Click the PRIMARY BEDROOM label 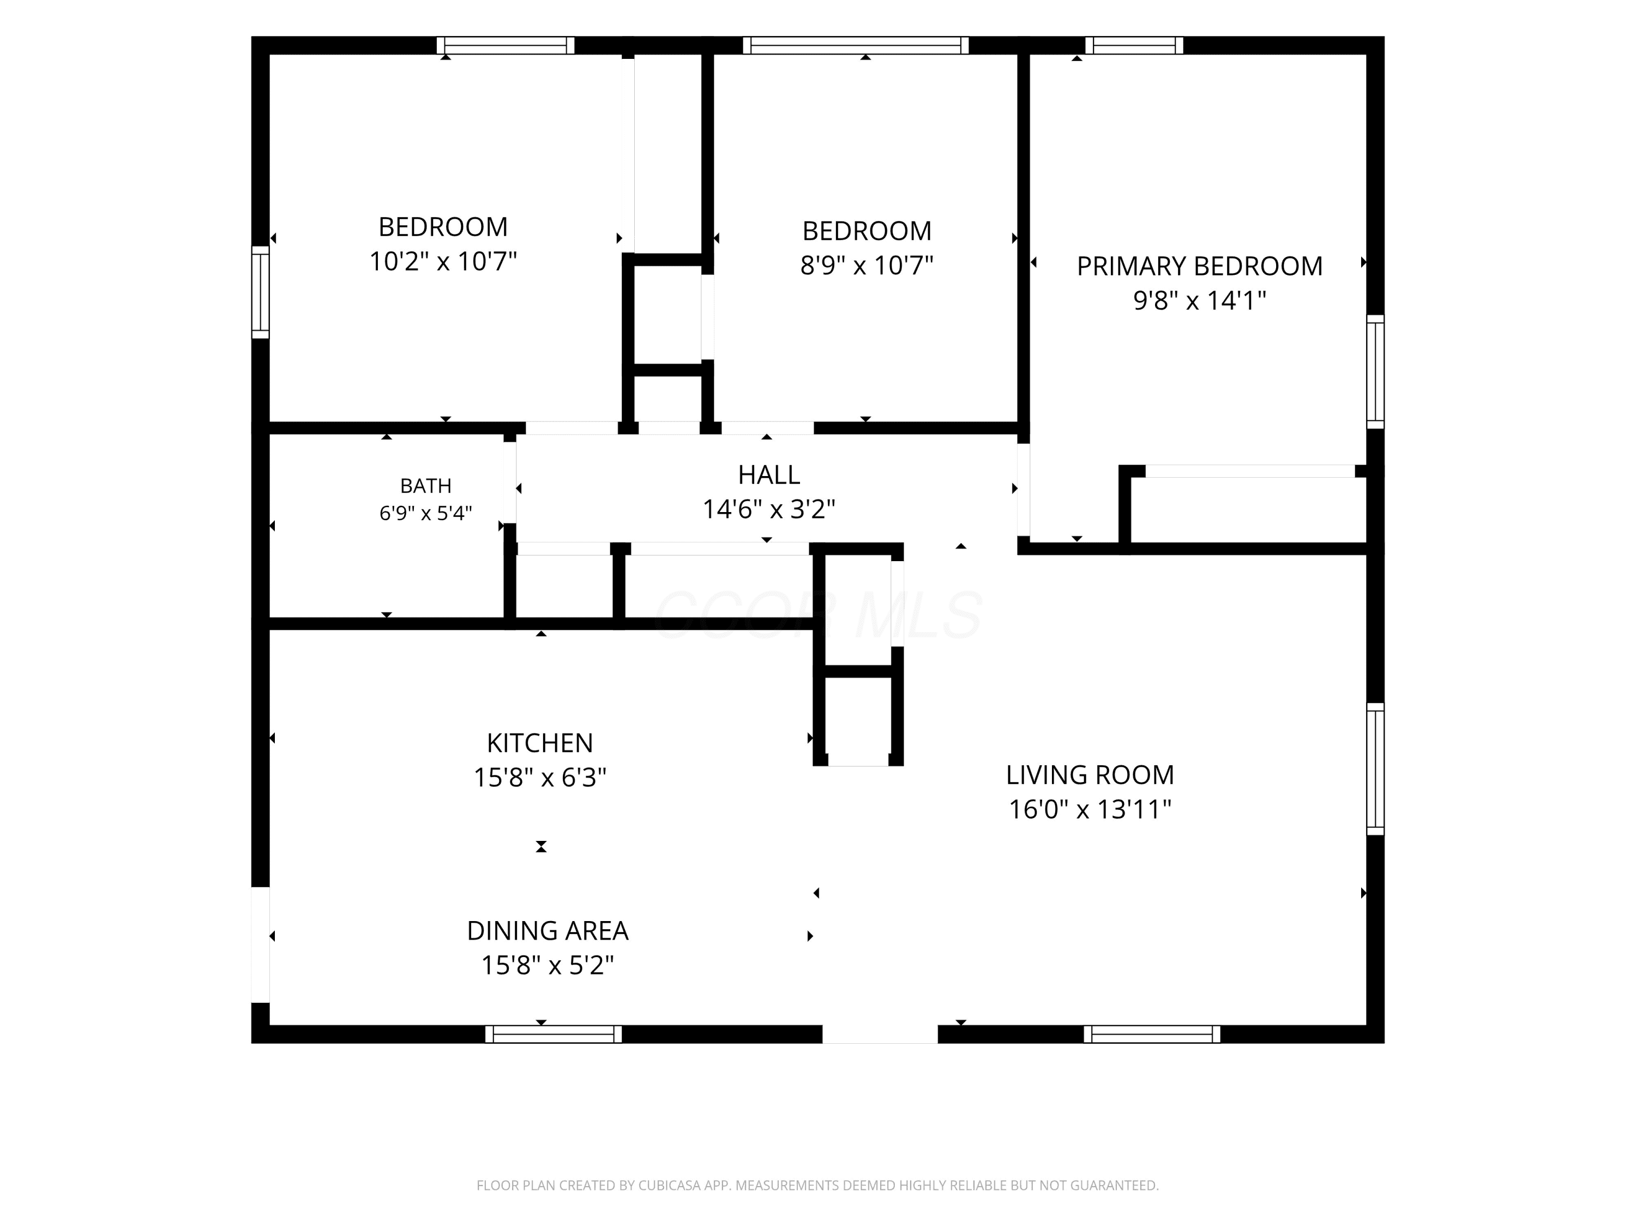pos(1199,266)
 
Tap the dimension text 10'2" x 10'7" pos(443,262)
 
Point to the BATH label pos(425,486)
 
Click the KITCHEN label pos(540,743)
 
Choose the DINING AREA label pos(548,930)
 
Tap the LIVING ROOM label pos(1090,775)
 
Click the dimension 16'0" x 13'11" pos(1090,810)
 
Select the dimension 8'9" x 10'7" pos(867,266)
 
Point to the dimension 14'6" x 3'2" pos(768,509)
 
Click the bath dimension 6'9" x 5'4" pos(425,513)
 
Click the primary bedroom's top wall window pos(1134,46)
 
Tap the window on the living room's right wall pos(1375,769)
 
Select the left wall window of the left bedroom pos(260,292)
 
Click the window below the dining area pos(553,1034)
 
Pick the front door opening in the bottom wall pos(880,1034)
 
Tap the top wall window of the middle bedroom pos(856,46)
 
